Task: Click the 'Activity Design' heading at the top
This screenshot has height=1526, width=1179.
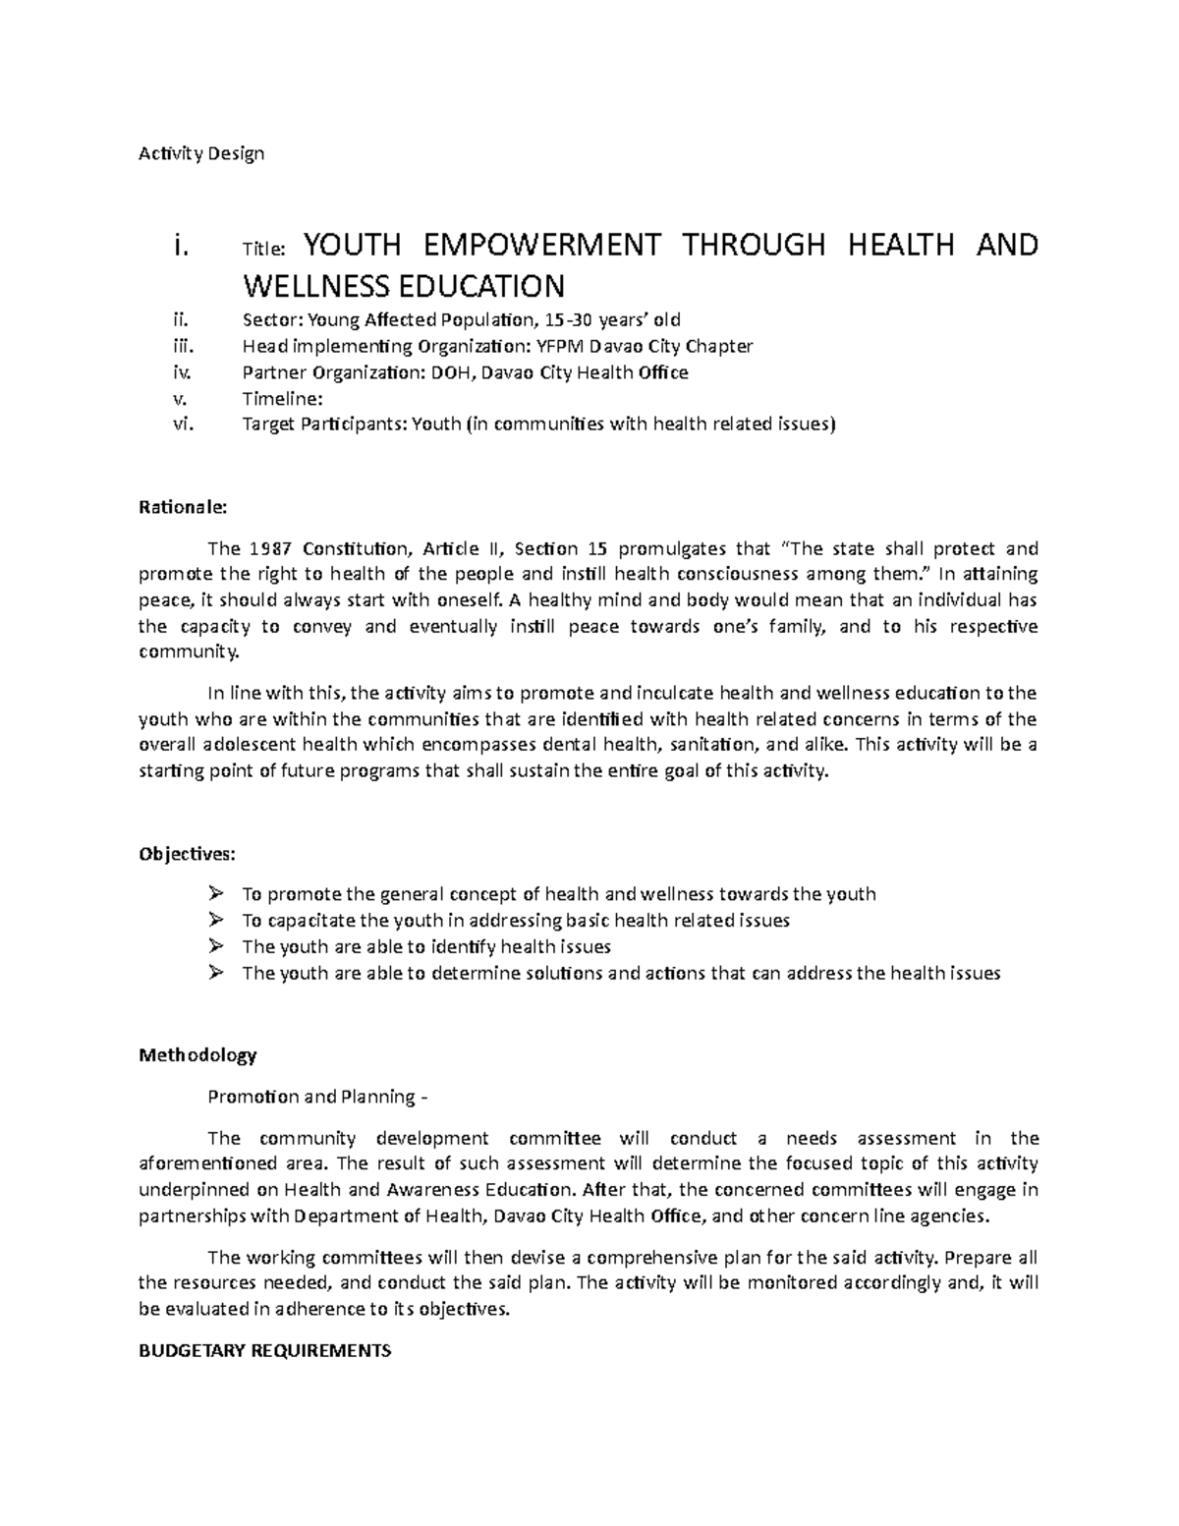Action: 201,153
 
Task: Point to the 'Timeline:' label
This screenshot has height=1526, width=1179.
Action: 282,399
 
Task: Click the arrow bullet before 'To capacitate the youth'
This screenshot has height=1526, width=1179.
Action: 215,921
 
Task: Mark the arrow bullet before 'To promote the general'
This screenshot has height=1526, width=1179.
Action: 215,894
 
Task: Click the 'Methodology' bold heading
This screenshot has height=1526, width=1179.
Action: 197,1055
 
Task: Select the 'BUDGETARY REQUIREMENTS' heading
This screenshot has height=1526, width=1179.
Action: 265,1350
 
